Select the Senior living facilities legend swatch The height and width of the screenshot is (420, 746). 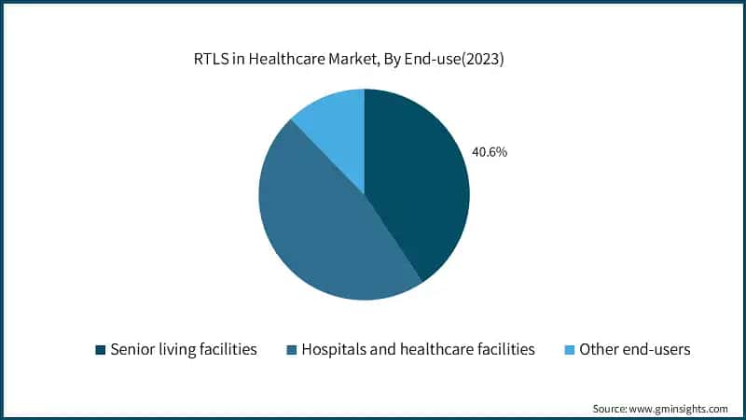[100, 350]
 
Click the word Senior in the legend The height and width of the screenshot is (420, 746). [133, 350]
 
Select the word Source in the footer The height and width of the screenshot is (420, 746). [610, 408]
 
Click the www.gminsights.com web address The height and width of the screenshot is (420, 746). [681, 408]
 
